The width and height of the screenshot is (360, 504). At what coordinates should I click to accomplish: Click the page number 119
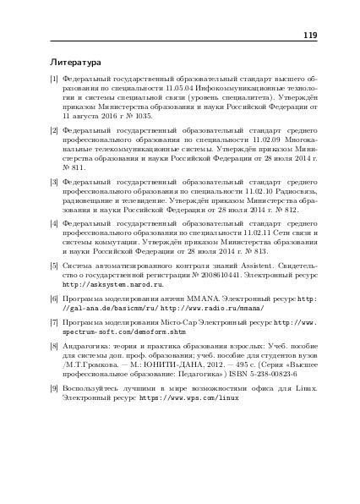coord(308,36)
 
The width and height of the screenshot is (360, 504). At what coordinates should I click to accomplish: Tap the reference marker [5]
coord(55,266)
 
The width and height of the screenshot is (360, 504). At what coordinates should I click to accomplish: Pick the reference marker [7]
coord(55,323)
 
